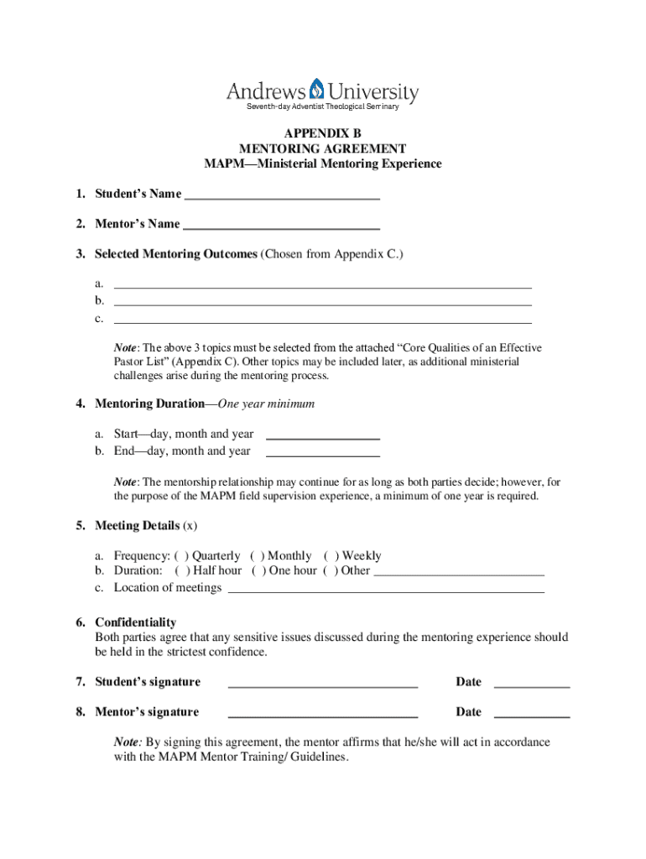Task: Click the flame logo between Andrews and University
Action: pos(316,89)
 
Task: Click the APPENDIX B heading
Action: pos(322,133)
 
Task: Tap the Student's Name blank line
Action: pos(282,197)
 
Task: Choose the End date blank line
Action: pos(322,455)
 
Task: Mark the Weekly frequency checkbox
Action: pos(331,556)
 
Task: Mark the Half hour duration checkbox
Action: pos(182,570)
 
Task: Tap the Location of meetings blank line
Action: pos(386,591)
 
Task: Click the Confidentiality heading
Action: pos(135,622)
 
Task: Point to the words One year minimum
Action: pos(266,404)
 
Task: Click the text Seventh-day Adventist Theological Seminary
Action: pos(322,107)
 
